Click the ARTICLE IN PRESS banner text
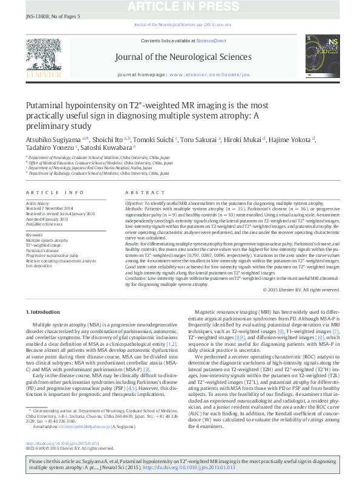[180, 7]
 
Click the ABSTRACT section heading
[140, 192]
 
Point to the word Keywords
[34, 235]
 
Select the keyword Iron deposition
[42, 265]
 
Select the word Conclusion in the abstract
[136, 277]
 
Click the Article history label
[38, 204]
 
